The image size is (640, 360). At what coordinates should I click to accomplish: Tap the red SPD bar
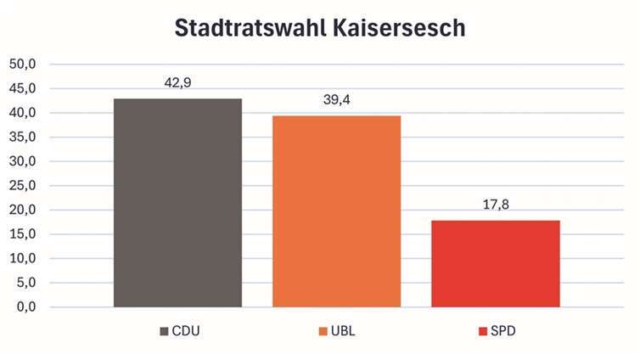495,263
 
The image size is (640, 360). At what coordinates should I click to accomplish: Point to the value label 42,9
177,83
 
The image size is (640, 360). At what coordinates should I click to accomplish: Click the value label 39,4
336,100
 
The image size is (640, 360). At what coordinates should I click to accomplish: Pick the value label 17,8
495,205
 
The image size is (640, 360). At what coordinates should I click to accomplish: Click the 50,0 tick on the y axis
23,65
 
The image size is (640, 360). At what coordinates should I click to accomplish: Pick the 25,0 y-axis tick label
23,186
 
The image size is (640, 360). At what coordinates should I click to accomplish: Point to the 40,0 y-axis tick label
23,113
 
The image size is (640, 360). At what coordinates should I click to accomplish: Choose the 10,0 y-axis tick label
23,259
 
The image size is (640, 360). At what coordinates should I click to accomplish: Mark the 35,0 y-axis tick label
23,138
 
